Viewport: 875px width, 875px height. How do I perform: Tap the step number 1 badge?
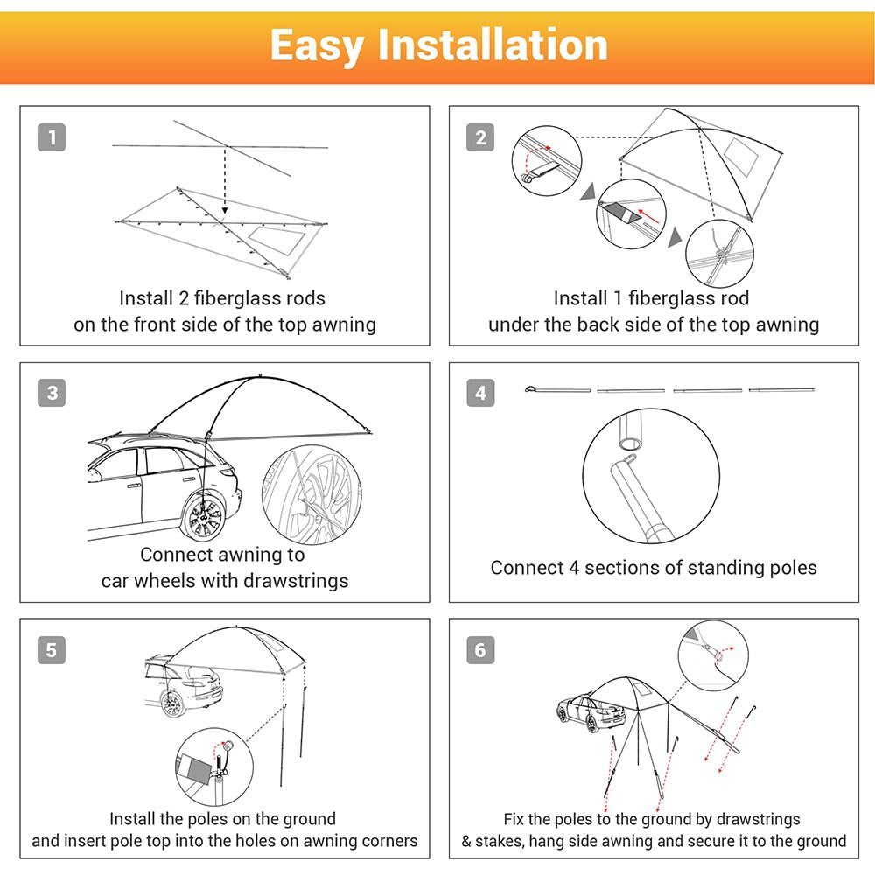click(x=52, y=137)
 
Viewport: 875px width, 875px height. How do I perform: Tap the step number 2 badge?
click(x=480, y=137)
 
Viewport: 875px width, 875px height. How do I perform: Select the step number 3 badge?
click(x=52, y=394)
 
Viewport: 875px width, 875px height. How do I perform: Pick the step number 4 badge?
click(x=480, y=394)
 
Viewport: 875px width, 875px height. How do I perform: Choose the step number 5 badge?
click(x=52, y=650)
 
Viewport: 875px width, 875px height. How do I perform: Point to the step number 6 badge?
click(x=480, y=650)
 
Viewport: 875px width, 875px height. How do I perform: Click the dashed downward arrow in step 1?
click(x=226, y=179)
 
